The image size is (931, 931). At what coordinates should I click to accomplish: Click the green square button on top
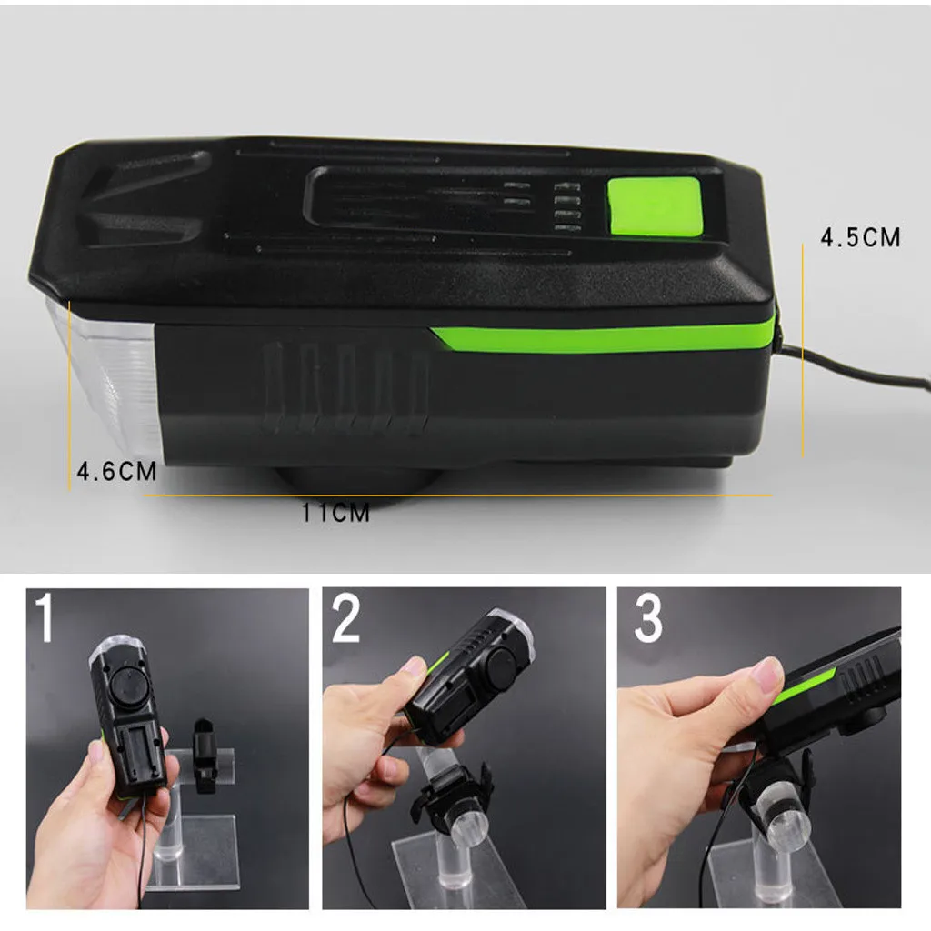[x=654, y=207]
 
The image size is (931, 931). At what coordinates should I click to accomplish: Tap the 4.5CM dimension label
[x=860, y=237]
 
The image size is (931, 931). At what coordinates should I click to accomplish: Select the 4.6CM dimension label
[x=116, y=472]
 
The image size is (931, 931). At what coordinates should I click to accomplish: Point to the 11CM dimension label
[x=335, y=513]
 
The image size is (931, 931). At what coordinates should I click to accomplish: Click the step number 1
[x=45, y=617]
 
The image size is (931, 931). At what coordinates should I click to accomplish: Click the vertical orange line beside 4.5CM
[x=802, y=350]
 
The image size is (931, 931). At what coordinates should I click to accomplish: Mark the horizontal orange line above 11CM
[x=457, y=495]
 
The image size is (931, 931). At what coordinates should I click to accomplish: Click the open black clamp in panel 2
[x=452, y=796]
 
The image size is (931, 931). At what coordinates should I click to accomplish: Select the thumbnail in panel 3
[x=766, y=676]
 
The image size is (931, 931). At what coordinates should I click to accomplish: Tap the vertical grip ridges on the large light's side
[x=345, y=385]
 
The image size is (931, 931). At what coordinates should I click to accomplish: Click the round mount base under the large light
[x=356, y=480]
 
